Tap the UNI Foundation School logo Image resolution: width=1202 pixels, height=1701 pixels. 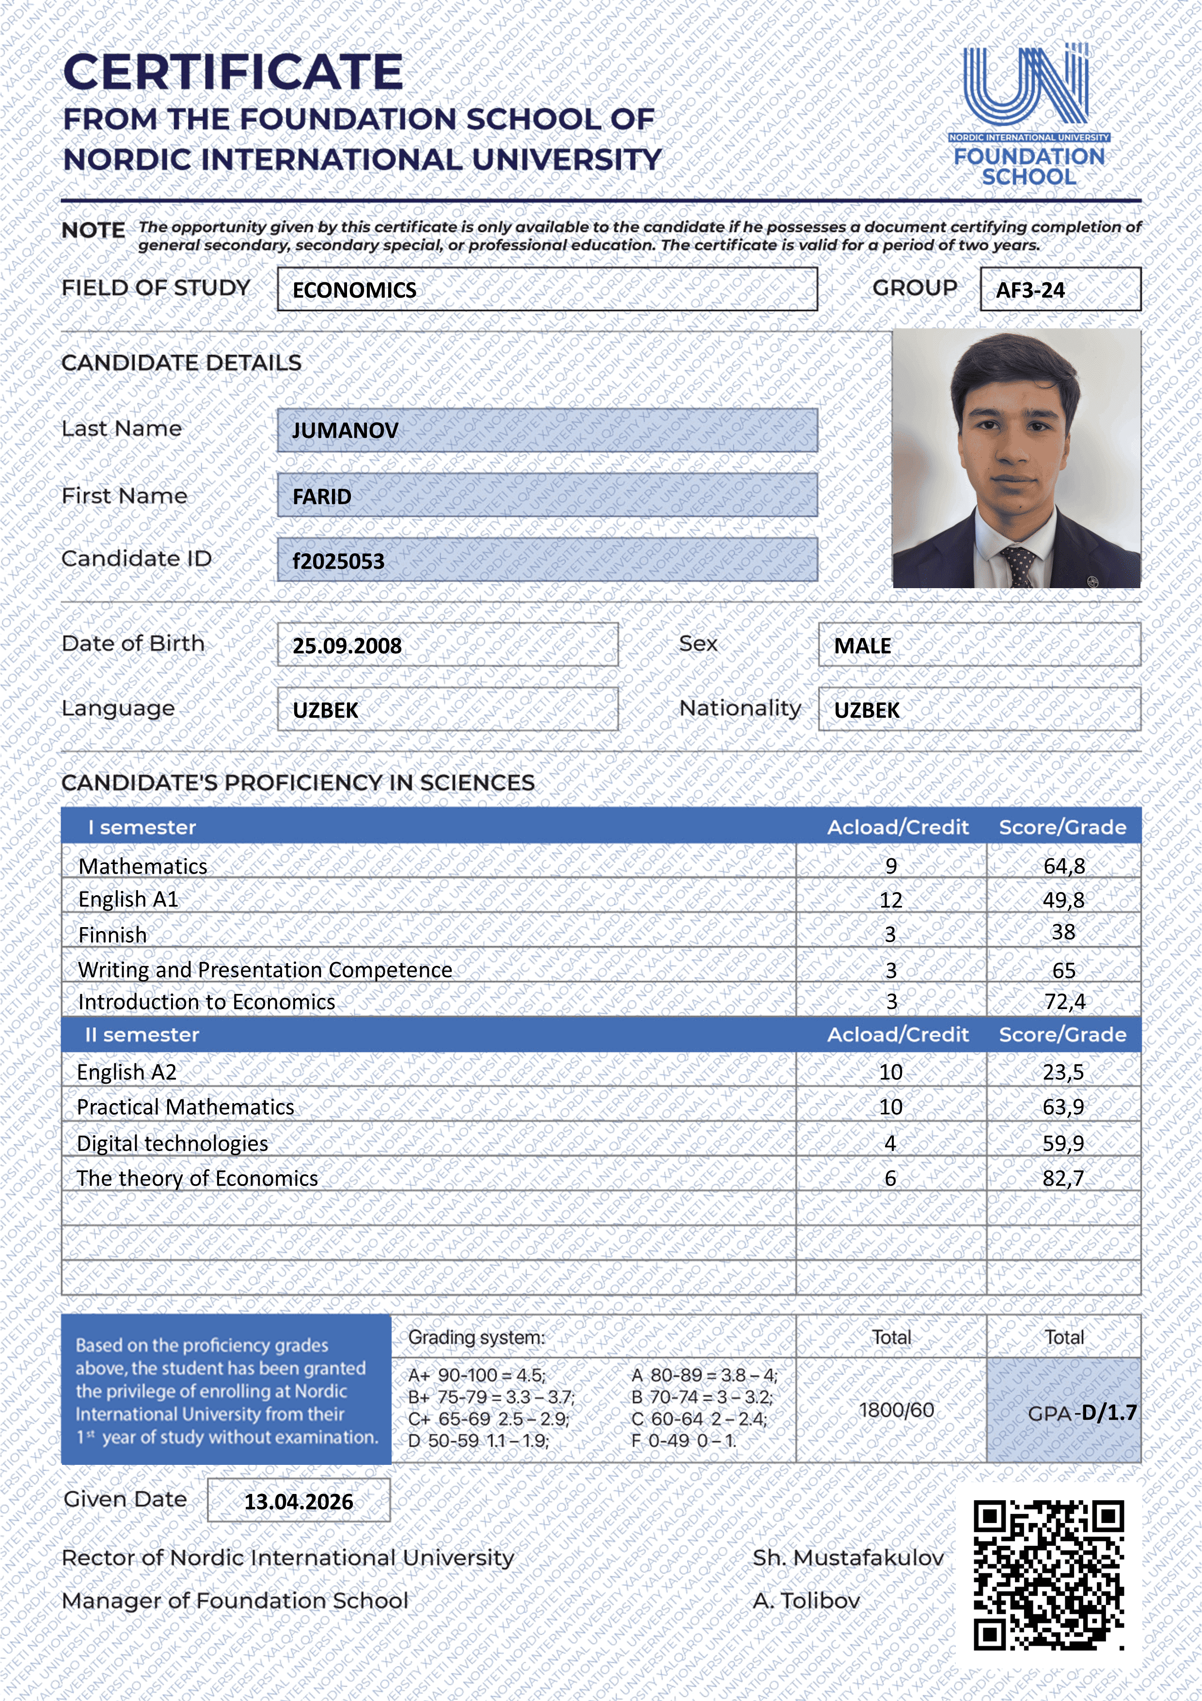(1028, 115)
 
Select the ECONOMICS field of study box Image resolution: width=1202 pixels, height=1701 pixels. (547, 289)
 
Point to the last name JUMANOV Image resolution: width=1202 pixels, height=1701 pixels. (345, 431)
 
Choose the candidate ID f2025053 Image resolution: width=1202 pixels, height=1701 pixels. (338, 562)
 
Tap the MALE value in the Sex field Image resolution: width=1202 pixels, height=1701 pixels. (862, 646)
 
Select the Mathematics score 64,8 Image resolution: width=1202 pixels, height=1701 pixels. (1063, 866)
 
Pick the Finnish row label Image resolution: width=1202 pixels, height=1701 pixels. (112, 935)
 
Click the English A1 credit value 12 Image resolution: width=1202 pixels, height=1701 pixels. (890, 900)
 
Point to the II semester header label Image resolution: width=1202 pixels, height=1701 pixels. (142, 1035)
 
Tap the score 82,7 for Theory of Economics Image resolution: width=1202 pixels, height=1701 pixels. (1063, 1178)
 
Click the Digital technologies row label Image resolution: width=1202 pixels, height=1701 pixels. (173, 1143)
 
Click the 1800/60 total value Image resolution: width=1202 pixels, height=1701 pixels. (896, 1410)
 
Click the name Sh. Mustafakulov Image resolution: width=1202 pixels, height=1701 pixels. (848, 1558)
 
